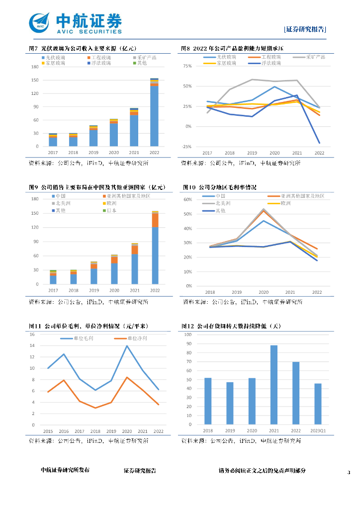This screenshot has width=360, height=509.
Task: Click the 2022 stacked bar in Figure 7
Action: tap(154, 112)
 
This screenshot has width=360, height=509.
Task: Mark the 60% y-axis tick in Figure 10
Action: tap(188, 199)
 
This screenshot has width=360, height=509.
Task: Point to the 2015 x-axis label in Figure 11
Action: tap(48, 431)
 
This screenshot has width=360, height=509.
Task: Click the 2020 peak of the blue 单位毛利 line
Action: tap(127, 346)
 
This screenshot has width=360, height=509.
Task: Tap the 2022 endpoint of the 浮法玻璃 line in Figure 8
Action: tap(319, 143)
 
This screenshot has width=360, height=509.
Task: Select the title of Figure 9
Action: tap(96, 187)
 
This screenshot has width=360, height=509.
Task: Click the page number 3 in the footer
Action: tap(349, 472)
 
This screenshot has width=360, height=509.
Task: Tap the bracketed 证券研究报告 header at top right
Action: tap(305, 29)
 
